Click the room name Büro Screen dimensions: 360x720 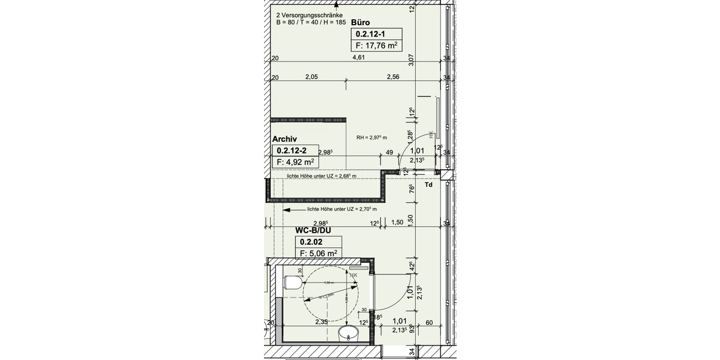pos(362,22)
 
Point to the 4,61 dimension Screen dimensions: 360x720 pos(358,58)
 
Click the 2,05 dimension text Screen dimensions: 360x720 pos(311,77)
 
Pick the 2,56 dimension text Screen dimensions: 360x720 pos(393,77)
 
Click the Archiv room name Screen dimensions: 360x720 pos(285,139)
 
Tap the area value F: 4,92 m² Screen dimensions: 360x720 pos(295,162)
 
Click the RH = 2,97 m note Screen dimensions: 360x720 pos(371,138)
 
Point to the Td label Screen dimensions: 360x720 pos(428,185)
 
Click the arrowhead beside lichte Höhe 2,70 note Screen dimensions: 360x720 pos(287,210)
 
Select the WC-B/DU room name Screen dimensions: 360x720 pos(313,230)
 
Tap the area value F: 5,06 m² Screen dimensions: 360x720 pos(317,253)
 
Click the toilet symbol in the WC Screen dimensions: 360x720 pos(293,283)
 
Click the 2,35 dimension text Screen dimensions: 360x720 pos(323,322)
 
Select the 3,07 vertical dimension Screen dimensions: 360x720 pos(412,59)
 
